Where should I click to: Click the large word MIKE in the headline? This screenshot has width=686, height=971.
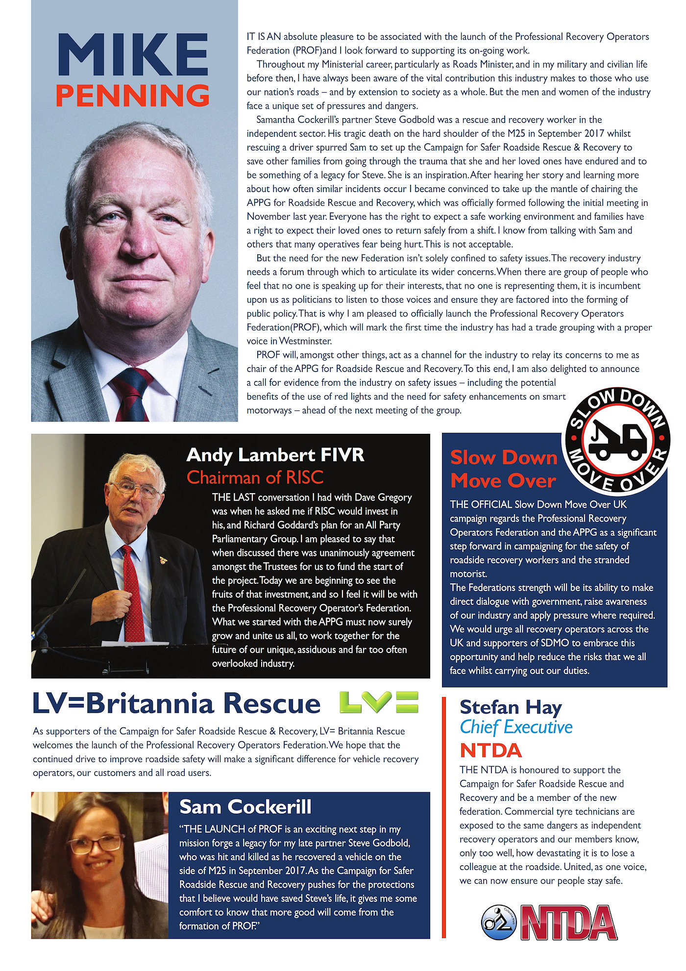click(133, 55)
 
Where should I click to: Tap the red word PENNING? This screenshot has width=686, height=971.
click(133, 96)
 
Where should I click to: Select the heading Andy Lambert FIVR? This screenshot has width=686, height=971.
click(275, 455)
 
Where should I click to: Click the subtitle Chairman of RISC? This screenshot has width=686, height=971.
click(255, 477)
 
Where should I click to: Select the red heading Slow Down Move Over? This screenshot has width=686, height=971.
click(504, 469)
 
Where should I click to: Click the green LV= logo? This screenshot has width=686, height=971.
click(379, 702)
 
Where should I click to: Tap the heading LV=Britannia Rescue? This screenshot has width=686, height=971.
click(176, 704)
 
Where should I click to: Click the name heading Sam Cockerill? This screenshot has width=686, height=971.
click(245, 807)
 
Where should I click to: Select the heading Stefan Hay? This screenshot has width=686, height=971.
click(511, 707)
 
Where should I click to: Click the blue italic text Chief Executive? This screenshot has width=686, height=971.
click(516, 727)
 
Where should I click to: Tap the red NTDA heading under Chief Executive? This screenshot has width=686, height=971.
click(491, 750)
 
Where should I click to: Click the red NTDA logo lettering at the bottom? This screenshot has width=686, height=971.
click(568, 922)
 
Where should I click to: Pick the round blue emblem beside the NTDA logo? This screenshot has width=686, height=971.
click(498, 922)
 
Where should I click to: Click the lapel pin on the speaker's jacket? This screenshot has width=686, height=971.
click(164, 560)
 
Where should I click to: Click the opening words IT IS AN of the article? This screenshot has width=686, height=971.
click(264, 37)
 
